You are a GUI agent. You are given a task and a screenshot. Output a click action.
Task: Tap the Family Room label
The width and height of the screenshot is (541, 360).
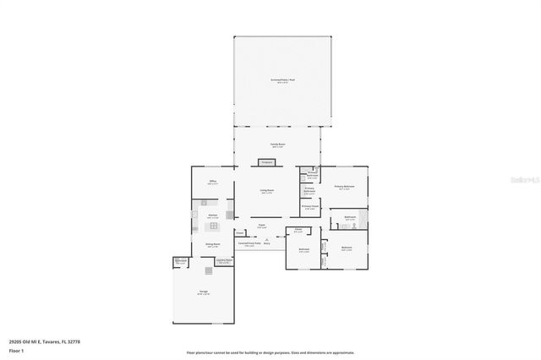(x=277, y=145)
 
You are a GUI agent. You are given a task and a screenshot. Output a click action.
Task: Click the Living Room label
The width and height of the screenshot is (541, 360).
(x=266, y=193)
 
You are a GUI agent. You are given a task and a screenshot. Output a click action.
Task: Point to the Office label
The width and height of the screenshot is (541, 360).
(x=212, y=183)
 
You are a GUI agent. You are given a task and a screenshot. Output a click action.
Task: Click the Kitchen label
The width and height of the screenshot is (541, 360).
(x=211, y=217)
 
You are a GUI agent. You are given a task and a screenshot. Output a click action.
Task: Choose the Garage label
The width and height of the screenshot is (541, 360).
(x=204, y=292)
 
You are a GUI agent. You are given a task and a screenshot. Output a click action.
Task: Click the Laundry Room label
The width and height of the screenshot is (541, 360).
(x=224, y=262)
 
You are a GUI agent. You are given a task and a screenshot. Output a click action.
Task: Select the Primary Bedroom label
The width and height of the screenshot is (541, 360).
(x=344, y=188)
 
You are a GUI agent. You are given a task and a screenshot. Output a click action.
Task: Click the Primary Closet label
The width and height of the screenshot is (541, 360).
(x=309, y=207)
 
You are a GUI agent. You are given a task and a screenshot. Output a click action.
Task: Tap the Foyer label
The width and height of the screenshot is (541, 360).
(x=262, y=226)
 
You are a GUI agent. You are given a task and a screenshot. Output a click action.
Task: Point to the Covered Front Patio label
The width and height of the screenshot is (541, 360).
(x=249, y=246)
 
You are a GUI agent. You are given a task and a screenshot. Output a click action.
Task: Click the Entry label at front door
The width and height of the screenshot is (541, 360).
(x=266, y=243)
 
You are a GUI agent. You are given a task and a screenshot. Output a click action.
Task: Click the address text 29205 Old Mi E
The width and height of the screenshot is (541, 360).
(x=52, y=341)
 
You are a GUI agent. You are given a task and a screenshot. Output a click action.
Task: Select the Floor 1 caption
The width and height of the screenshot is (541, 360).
(x=16, y=349)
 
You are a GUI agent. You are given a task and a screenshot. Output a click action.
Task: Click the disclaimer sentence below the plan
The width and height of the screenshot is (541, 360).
(x=270, y=352)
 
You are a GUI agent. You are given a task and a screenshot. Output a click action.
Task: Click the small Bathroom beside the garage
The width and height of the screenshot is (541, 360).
(x=181, y=261)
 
